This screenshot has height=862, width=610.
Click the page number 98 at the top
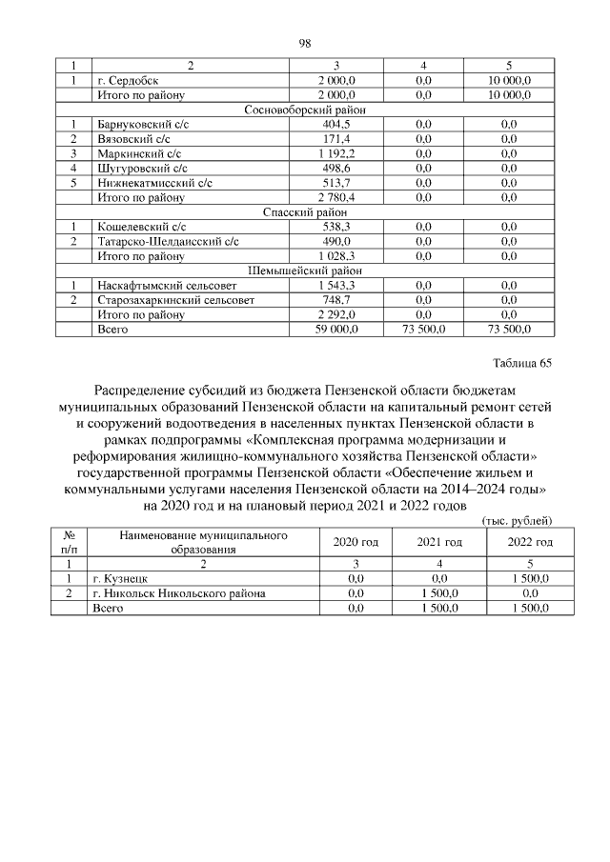[x=305, y=43]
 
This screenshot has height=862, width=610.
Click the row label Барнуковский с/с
[x=143, y=125]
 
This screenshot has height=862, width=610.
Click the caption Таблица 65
[x=521, y=363]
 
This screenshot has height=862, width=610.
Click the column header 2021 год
[x=439, y=542]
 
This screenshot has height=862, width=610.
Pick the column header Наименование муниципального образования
[x=204, y=543]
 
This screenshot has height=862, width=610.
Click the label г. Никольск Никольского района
[x=179, y=592]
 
